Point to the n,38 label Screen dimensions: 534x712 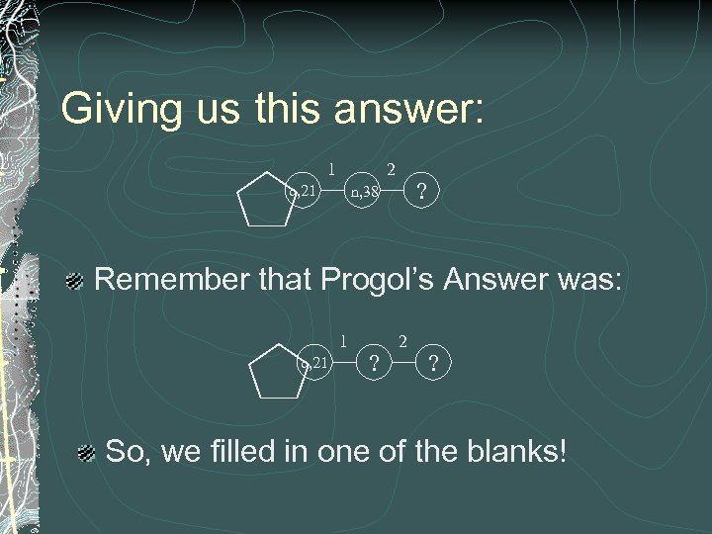[x=364, y=192]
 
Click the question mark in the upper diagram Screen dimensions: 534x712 [x=422, y=192]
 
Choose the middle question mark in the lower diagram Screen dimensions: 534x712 [x=373, y=364]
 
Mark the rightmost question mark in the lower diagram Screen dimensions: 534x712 [x=432, y=364]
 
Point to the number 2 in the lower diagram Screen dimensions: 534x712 [x=402, y=341]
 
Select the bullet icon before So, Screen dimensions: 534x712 [x=87, y=453]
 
